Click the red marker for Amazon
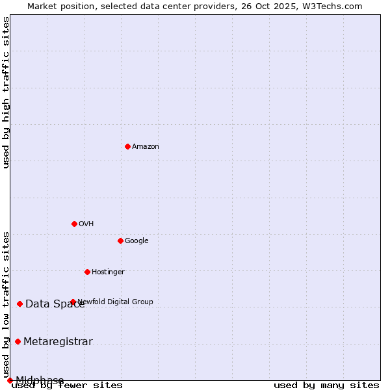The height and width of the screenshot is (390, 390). tap(127, 146)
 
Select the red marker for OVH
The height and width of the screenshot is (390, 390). tap(74, 224)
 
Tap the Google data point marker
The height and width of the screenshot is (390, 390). tap(120, 240)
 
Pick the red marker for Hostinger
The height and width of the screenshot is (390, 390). tap(87, 272)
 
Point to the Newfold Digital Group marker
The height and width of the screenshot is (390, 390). tap(73, 302)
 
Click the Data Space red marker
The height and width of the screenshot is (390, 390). tap(19, 304)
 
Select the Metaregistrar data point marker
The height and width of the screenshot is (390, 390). tap(18, 342)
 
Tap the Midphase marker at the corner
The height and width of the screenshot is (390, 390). tap(10, 380)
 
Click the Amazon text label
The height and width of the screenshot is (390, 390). tap(146, 147)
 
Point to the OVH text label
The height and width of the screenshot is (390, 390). tap(86, 224)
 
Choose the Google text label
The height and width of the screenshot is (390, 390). tap(136, 241)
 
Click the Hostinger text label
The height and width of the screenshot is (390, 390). tap(108, 272)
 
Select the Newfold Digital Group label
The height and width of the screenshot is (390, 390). tap(116, 302)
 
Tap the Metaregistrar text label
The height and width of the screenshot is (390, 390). tap(58, 342)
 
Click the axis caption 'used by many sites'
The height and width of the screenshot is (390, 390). tap(326, 385)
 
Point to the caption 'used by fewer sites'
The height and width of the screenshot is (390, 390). tap(67, 385)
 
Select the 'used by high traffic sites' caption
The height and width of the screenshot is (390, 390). tap(6, 92)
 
